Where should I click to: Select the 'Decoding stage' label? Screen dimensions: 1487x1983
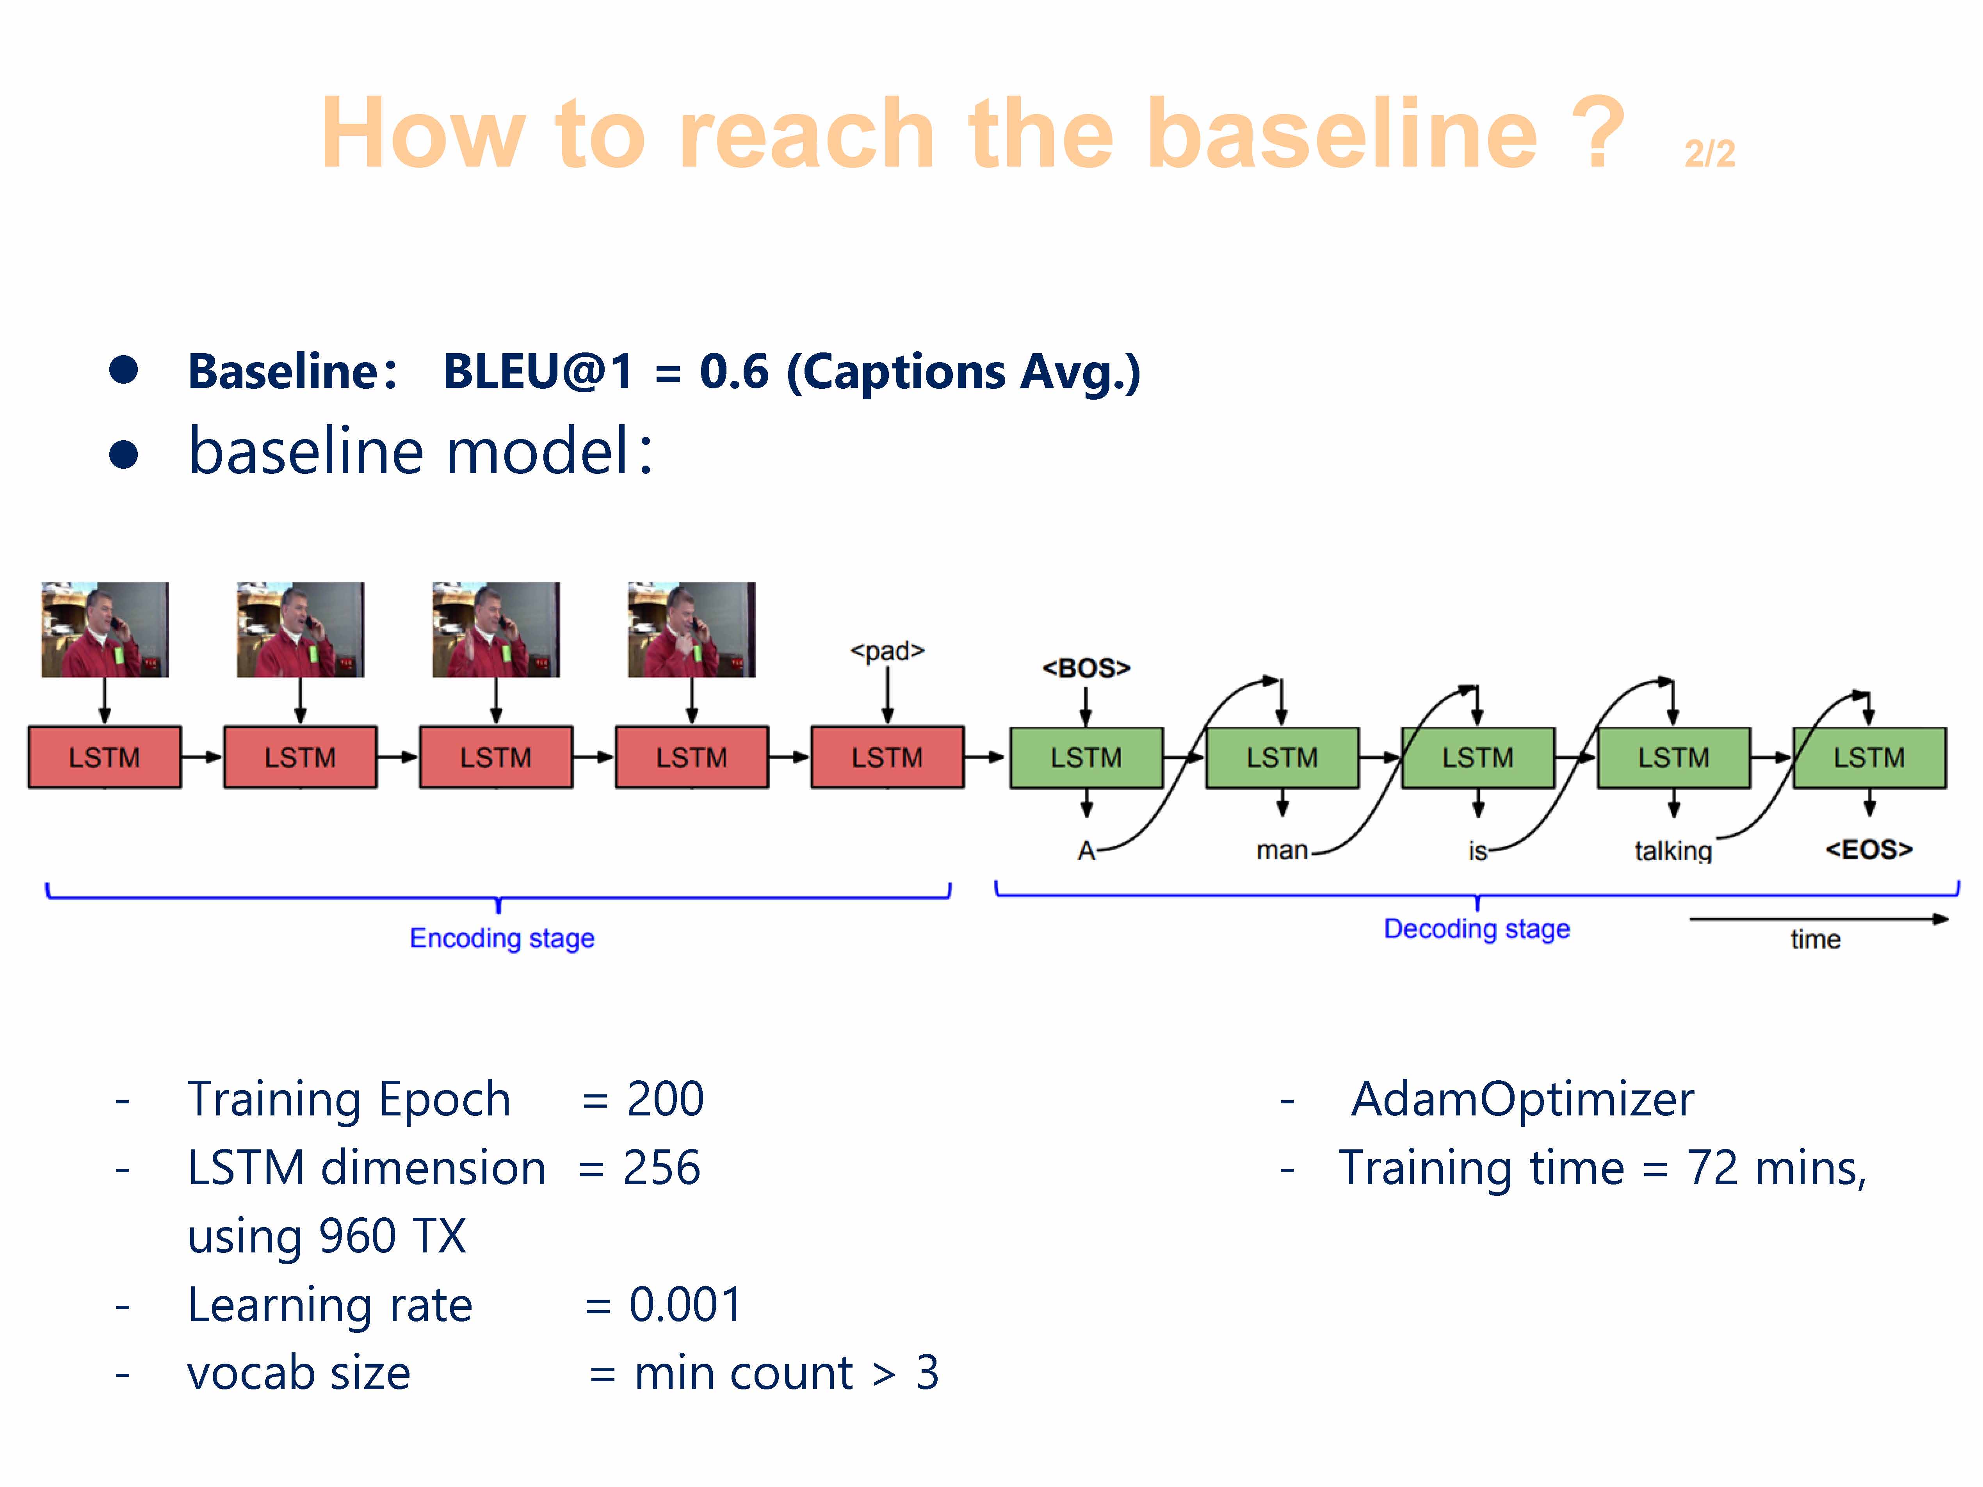pos(1476,928)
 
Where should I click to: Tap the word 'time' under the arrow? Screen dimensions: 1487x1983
pos(1816,939)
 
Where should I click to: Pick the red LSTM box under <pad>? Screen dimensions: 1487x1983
pos(886,758)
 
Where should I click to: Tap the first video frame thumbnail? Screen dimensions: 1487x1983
pos(105,629)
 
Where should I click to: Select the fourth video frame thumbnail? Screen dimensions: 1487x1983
pos(691,629)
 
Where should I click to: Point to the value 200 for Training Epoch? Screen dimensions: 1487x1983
pos(665,1099)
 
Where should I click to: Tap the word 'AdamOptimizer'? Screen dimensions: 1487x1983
pos(1522,1099)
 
